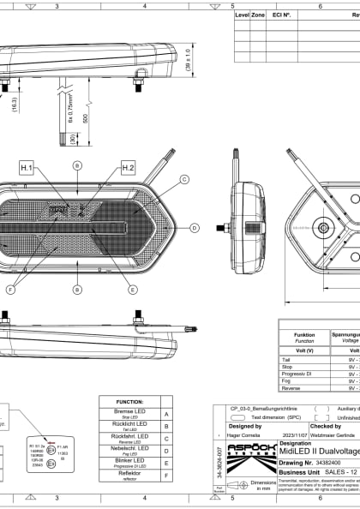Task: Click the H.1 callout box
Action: tap(27, 168)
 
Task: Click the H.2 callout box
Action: tap(128, 168)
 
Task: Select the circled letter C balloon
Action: tap(183, 180)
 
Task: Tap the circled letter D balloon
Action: tap(195, 228)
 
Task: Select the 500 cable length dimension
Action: tap(85, 119)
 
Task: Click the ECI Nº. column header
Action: tap(281, 15)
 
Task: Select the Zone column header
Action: tap(258, 15)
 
